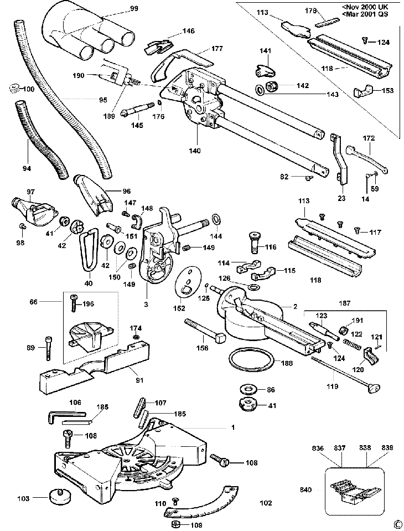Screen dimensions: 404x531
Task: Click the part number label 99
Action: (x=134, y=8)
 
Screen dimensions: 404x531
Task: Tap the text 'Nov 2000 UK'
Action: (x=367, y=7)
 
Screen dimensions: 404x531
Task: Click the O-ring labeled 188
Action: (x=250, y=362)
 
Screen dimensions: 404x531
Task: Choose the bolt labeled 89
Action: (x=48, y=348)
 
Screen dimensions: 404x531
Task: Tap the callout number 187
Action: (x=344, y=303)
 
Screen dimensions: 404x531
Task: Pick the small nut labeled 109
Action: (x=176, y=524)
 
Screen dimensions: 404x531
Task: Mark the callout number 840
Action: (x=306, y=489)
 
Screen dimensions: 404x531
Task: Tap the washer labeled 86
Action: (x=248, y=389)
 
